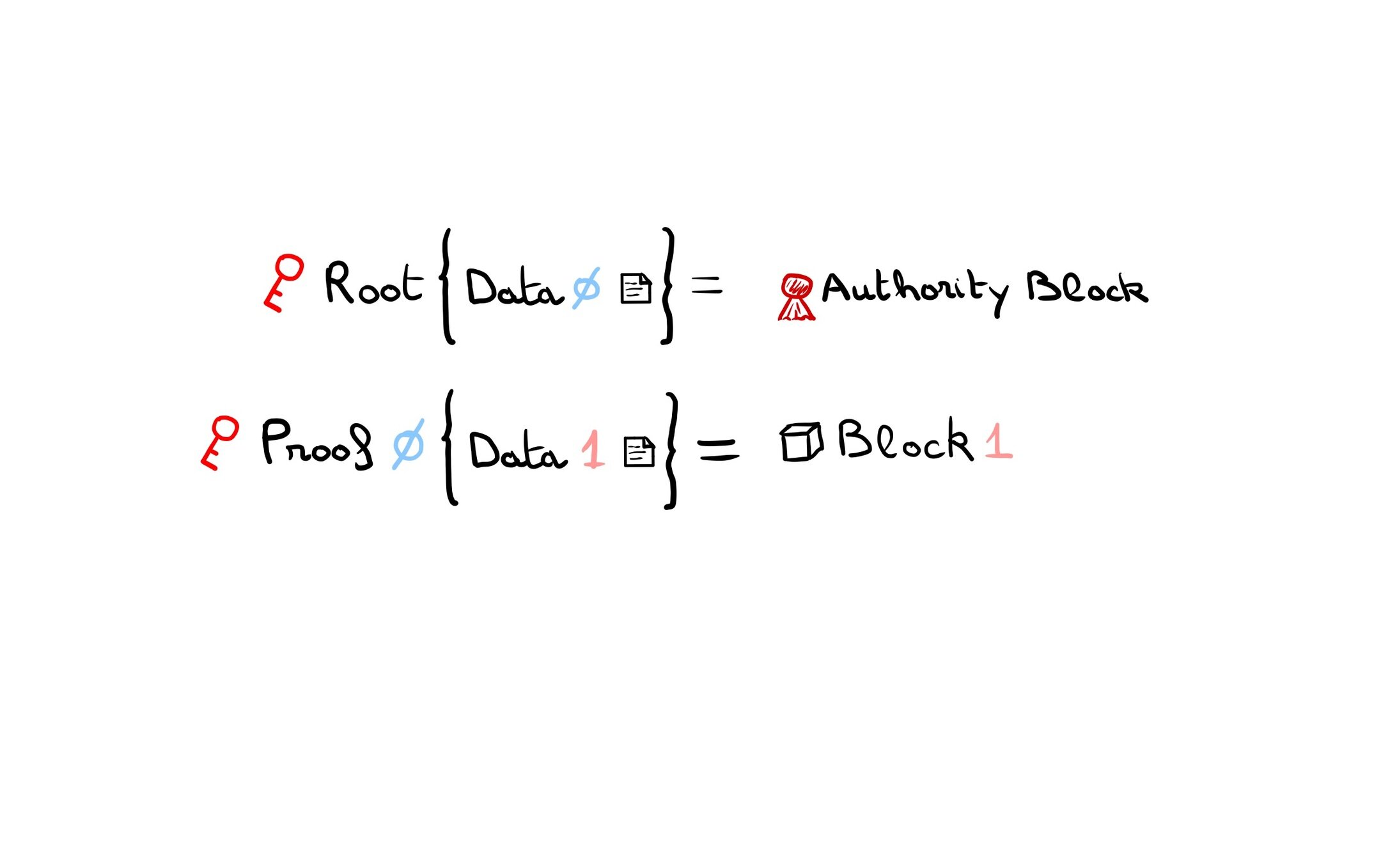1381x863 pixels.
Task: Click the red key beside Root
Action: [284, 282]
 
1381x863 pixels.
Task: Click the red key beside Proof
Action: [220, 442]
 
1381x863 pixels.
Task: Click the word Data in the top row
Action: [514, 288]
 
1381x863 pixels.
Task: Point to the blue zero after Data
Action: [586, 288]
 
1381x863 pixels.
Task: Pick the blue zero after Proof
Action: [408, 444]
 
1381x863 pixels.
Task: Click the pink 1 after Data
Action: [593, 449]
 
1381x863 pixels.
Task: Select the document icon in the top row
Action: [636, 288]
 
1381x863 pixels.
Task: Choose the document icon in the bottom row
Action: [639, 452]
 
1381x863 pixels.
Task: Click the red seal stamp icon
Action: [797, 296]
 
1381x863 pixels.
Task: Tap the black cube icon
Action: [801, 442]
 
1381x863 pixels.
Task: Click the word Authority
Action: [915, 290]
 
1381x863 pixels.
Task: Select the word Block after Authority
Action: [1087, 288]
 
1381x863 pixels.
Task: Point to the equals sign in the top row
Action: [706, 285]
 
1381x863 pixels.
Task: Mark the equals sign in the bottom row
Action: [718, 449]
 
